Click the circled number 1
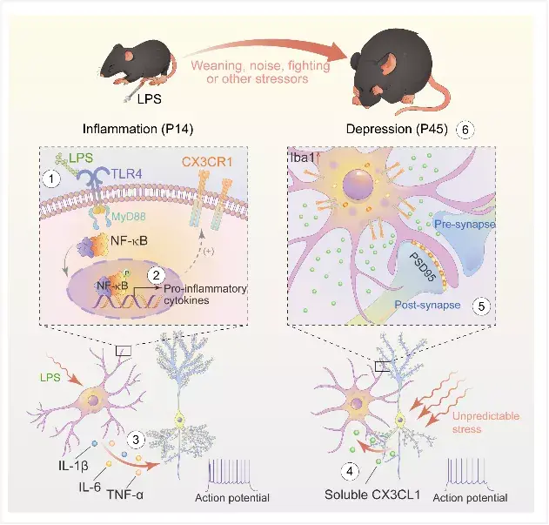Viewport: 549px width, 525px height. pos(51,179)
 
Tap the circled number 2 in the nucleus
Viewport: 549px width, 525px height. pos(156,275)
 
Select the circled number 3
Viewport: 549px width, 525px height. pos(136,440)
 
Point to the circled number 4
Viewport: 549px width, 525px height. pos(350,471)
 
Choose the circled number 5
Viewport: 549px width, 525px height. pos(481,306)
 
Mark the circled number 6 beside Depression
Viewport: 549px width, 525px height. pos(465,130)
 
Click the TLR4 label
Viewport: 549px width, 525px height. pos(127,173)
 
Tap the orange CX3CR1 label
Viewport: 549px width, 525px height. pos(208,162)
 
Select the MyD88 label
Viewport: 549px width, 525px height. pos(129,217)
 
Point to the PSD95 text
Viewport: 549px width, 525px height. pos(423,267)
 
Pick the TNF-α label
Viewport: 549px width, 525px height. pos(124,495)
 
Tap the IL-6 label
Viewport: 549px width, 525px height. pos(90,487)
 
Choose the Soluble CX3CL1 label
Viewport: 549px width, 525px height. pos(372,495)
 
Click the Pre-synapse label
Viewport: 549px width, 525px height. pos(465,224)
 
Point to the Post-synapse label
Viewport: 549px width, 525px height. pos(427,305)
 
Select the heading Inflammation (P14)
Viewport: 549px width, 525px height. pos(138,129)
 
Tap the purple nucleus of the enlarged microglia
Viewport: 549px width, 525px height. pos(358,185)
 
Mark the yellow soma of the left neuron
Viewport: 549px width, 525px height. pos(179,419)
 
